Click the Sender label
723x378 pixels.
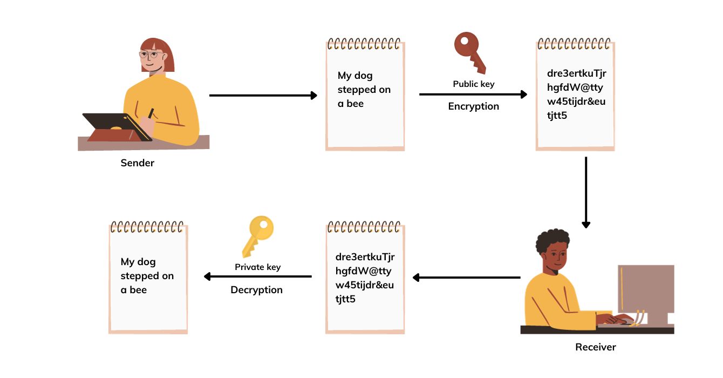[x=137, y=163]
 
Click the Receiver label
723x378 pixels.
[x=595, y=347]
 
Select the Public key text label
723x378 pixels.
[x=473, y=84]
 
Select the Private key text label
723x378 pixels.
[x=257, y=267]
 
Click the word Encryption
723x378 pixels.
[x=473, y=106]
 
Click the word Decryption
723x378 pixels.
[x=256, y=290]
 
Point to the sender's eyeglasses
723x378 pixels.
[x=149, y=55]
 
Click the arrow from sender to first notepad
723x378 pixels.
[x=263, y=96]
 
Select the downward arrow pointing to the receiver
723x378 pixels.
[x=586, y=192]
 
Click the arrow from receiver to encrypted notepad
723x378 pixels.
[x=466, y=278]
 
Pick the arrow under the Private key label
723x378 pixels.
[x=257, y=277]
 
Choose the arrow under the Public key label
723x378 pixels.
[x=473, y=94]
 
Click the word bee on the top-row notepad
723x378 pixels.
[x=355, y=104]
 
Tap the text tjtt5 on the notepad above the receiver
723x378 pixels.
[x=557, y=115]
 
